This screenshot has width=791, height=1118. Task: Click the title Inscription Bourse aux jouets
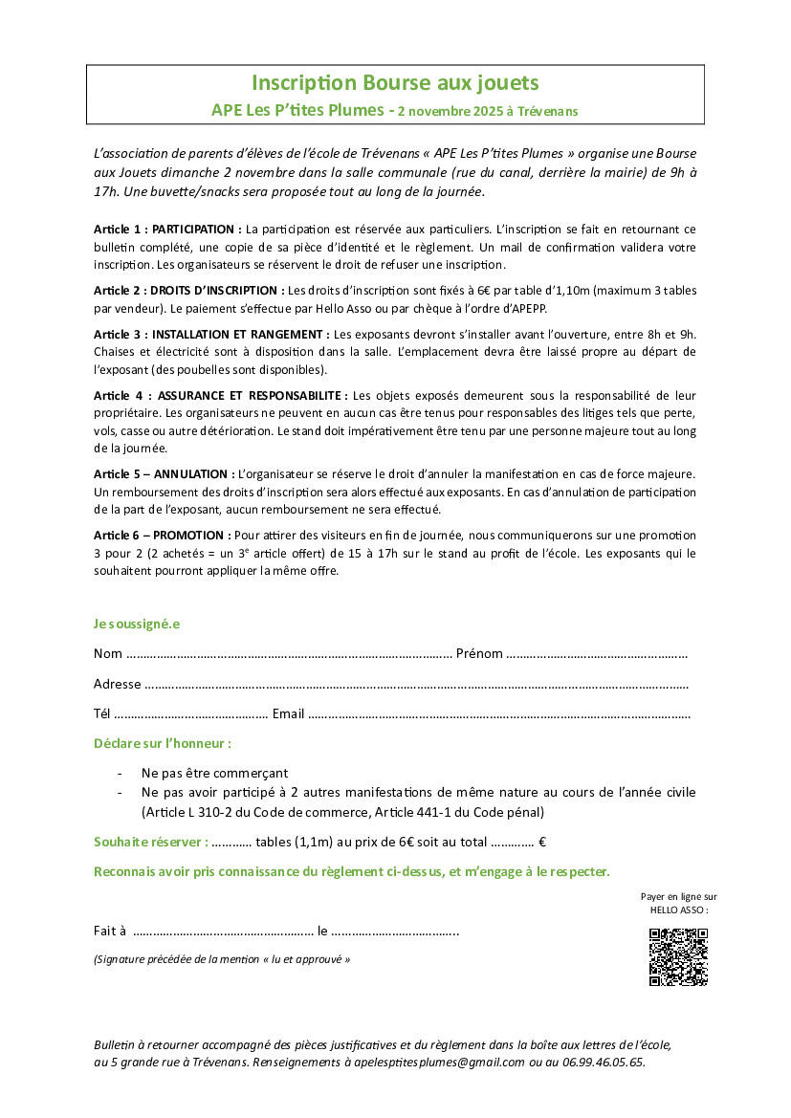pos(395,83)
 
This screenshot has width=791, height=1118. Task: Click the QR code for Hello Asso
pos(678,956)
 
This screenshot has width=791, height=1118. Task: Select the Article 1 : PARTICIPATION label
pos(167,230)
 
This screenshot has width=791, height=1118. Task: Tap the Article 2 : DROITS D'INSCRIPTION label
pos(188,290)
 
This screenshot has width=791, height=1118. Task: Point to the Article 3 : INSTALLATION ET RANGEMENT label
pos(211,334)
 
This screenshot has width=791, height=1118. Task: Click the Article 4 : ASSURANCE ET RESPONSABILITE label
pos(221,395)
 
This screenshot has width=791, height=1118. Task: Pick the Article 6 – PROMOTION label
pos(162,536)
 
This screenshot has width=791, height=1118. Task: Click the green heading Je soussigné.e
pos(137,625)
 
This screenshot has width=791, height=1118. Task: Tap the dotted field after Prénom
pos(597,655)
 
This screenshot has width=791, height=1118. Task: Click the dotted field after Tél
pos(190,714)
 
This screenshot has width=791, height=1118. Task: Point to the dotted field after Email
pos(499,714)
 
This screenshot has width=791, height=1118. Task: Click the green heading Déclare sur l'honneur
pos(163,743)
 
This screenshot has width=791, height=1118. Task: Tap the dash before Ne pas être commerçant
pos(120,773)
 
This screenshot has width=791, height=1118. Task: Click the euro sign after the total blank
pos(542,843)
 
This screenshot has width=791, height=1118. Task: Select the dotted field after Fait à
pos(224,932)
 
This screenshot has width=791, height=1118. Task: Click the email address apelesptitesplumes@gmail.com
pos(434,1062)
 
